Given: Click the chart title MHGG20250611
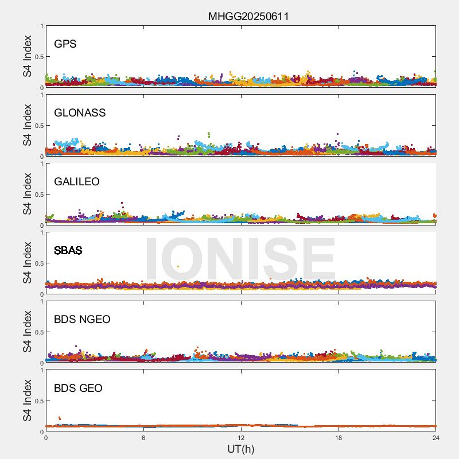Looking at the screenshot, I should click(248, 16).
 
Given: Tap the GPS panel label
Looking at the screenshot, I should click(65, 44).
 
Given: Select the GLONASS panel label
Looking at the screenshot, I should click(80, 113).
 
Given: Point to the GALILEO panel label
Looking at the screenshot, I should click(77, 182).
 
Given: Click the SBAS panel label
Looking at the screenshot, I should click(68, 251).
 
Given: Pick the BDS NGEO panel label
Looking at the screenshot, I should click(82, 320).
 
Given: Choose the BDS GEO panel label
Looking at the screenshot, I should click(78, 388).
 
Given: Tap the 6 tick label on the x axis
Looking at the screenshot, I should click(143, 438).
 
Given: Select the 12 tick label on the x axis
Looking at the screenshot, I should click(241, 438).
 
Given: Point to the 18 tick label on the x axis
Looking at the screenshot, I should click(339, 438).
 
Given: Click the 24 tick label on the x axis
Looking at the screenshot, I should click(435, 438).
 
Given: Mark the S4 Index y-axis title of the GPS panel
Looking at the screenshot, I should click(28, 56).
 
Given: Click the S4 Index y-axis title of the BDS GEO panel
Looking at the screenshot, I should click(28, 400).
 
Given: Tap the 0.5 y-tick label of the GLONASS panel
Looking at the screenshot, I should click(37, 126).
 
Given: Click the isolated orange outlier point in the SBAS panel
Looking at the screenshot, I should click(178, 266).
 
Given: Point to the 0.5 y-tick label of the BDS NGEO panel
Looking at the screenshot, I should click(37, 332).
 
